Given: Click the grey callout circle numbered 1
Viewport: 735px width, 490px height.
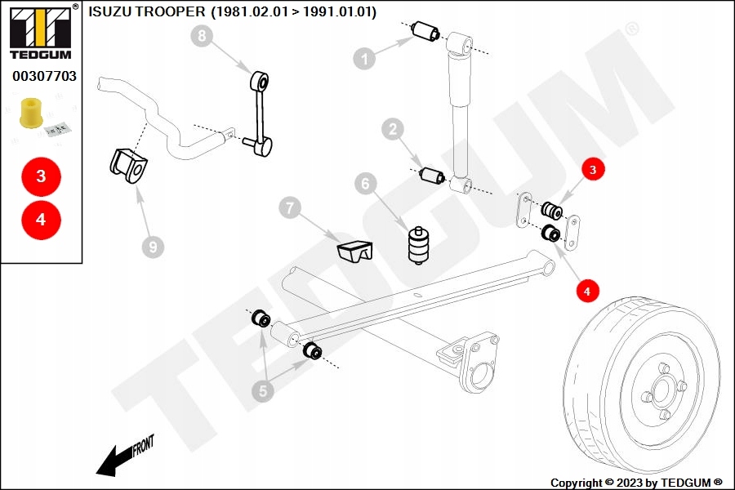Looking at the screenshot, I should coord(364,58).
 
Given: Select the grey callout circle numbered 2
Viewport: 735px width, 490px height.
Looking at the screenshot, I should coord(393,128).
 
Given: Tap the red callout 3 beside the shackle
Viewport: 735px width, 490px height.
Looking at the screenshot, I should coord(594,170).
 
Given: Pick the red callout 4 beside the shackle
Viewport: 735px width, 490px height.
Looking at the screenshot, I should coord(586,289).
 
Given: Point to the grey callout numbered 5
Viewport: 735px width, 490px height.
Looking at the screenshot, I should coord(262,392).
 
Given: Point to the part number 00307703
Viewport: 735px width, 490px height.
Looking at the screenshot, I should coord(44,77).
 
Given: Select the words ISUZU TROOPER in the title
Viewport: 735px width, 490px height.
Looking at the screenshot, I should coord(146,13).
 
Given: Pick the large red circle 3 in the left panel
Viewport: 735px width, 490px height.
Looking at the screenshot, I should coord(41,176).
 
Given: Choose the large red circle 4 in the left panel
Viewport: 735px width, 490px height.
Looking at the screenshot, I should coord(41,219).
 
